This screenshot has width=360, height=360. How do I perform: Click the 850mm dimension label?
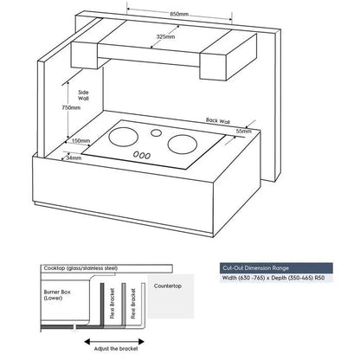(181, 15)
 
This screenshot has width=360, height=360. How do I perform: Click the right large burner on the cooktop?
(183, 142)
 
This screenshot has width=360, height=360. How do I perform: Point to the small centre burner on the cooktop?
(156, 133)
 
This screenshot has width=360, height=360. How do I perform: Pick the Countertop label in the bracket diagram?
(168, 284)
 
